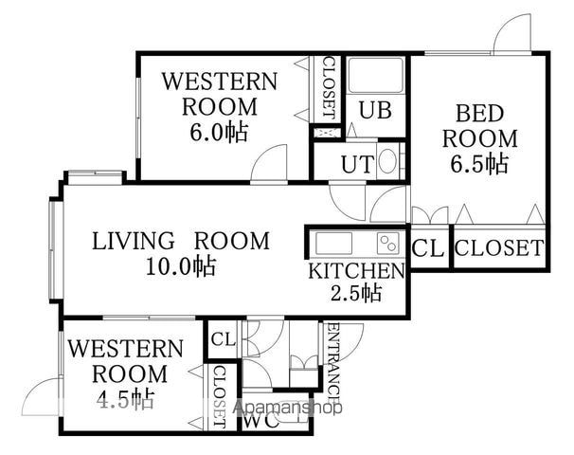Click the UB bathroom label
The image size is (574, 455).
pyautogui.click(x=375, y=110)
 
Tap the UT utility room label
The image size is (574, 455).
pyautogui.click(x=358, y=165)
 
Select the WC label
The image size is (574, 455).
pyautogui.click(x=261, y=422)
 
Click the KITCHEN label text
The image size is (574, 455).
pyautogui.click(x=356, y=271)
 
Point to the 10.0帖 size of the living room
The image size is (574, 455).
pyautogui.click(x=181, y=266)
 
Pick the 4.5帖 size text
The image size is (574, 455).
pyautogui.click(x=126, y=398)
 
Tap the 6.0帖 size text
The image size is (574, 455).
pyautogui.click(x=219, y=132)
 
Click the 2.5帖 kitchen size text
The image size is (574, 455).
pyautogui.click(x=356, y=293)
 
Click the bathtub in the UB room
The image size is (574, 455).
pyautogui.click(x=376, y=75)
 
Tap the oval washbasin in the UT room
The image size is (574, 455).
pyautogui.click(x=387, y=161)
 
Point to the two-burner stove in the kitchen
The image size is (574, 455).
pyautogui.click(x=388, y=243)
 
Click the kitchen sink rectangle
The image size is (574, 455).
pyautogui.click(x=333, y=243)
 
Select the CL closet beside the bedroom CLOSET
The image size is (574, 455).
pyautogui.click(x=428, y=248)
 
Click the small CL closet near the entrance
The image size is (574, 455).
pyautogui.click(x=224, y=339)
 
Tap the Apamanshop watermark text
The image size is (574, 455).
pyautogui.click(x=288, y=408)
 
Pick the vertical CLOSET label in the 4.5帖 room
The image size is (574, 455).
pyautogui.click(x=220, y=397)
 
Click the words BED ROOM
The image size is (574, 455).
pyautogui.click(x=479, y=126)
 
